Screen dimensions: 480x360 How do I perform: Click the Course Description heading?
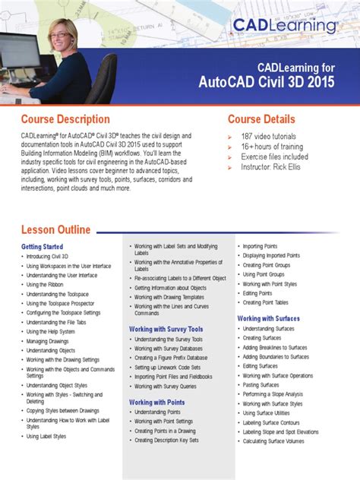[65, 119]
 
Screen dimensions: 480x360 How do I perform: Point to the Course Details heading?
[261, 119]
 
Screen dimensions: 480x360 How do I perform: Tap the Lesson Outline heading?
[55, 229]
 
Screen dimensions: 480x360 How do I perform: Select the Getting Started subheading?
[42, 247]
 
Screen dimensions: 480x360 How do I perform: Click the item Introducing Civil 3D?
[47, 257]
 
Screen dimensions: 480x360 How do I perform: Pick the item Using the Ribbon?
[45, 285]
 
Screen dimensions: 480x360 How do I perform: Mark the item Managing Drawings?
[48, 341]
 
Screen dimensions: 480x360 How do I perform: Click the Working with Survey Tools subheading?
[166, 329]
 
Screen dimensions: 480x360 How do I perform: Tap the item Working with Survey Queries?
[166, 386]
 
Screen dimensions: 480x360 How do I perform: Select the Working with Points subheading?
[157, 402]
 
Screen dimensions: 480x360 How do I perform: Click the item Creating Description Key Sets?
[166, 440]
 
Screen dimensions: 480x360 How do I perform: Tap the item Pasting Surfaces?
[261, 385]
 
